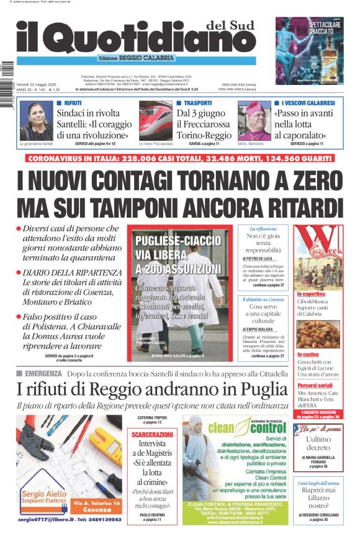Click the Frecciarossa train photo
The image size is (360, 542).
155,122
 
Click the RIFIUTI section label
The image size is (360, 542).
73,102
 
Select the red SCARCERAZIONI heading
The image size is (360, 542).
153,435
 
